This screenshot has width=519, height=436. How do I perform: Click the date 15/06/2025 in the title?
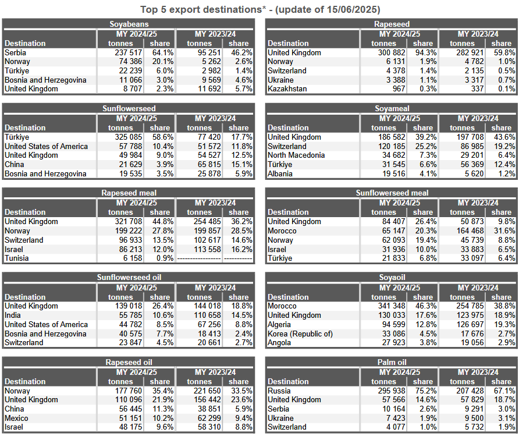tap(352, 9)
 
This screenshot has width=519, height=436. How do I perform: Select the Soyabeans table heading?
tap(129, 24)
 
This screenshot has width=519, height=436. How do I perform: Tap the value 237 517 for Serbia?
tap(129, 52)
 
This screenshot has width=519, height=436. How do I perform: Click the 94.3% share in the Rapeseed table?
tap(426, 52)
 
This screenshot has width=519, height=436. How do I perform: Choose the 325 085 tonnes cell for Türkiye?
tap(129, 137)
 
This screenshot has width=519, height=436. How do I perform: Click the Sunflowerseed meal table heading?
tap(392, 193)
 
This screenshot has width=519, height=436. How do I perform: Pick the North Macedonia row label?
tap(296, 155)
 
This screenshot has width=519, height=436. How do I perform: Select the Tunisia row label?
tap(16, 258)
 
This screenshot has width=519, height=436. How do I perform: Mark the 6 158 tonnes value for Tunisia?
tap(133, 258)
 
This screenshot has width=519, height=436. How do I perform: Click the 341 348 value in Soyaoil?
tap(392, 306)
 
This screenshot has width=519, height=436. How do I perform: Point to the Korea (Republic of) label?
tap(300, 334)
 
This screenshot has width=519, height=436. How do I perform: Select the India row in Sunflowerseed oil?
tap(13, 315)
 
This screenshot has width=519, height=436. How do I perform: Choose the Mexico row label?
tap(16, 418)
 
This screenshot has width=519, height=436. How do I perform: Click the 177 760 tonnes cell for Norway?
tap(129, 391)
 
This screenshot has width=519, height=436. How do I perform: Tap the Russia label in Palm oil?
tap(279, 391)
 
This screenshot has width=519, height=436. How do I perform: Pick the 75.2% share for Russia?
tap(426, 391)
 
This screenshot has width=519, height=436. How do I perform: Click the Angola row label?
tap(279, 343)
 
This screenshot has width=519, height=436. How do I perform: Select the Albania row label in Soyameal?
tap(280, 174)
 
